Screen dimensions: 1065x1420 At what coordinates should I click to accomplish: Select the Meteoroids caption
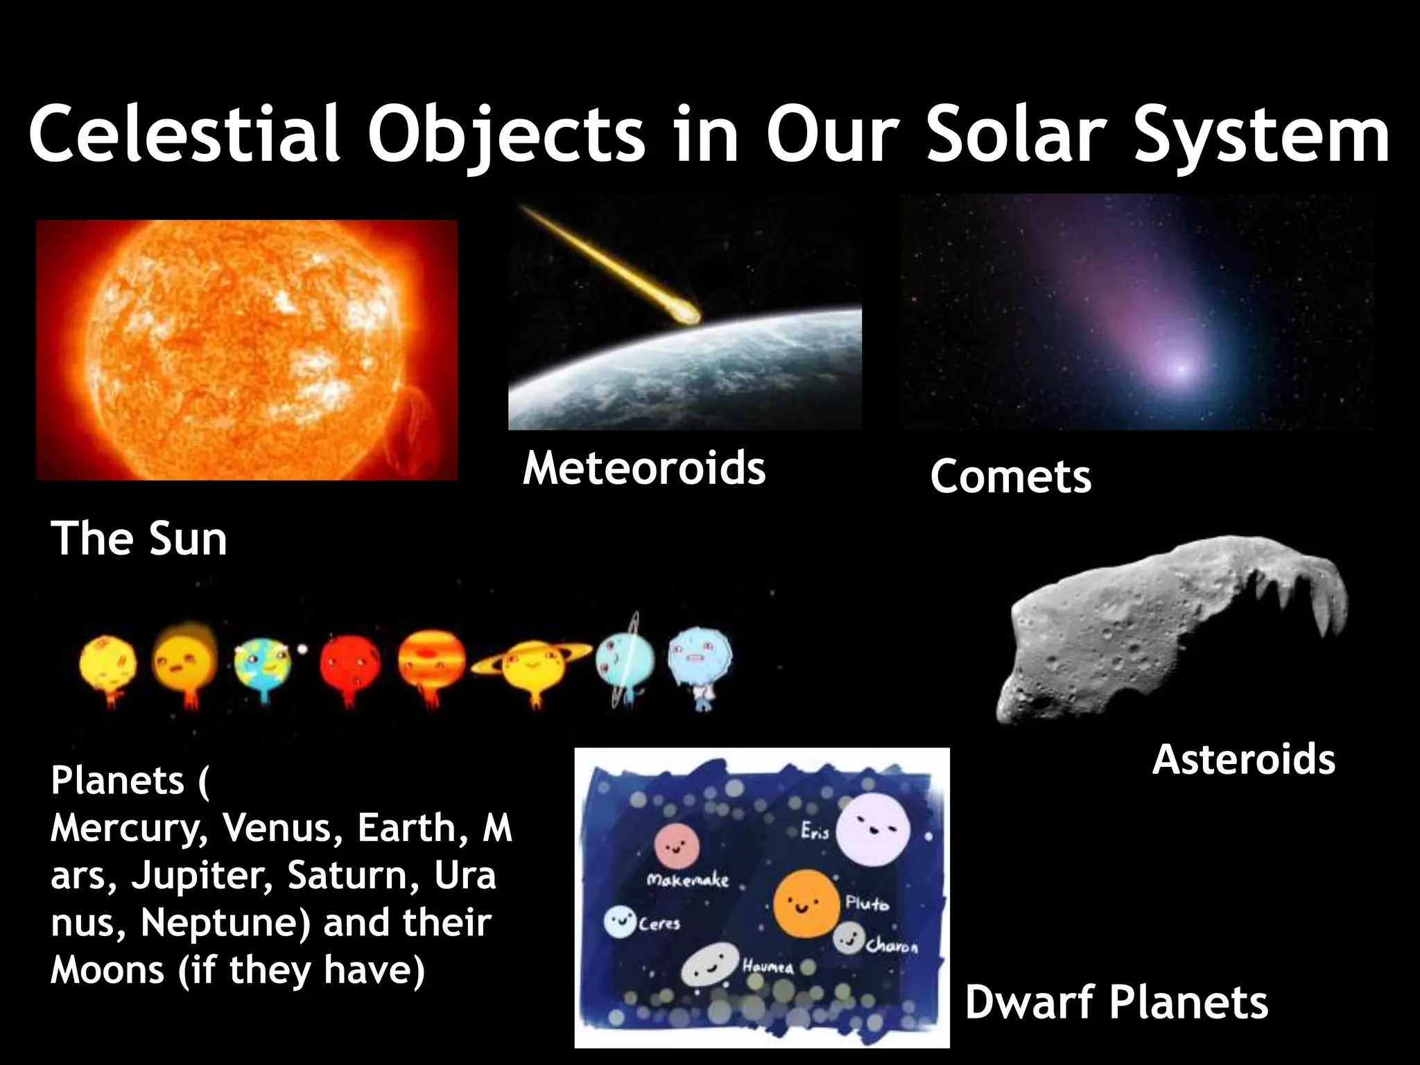point(643,467)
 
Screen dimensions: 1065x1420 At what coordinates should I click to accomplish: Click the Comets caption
point(1010,477)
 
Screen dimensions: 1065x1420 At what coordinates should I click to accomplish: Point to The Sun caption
point(139,539)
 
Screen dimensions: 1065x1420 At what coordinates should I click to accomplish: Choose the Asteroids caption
point(1243,759)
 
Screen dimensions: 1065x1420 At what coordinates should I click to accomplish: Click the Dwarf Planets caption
point(1116,1003)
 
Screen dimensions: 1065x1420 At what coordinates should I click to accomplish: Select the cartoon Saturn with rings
point(530,666)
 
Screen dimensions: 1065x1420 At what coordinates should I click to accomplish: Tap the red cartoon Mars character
point(350,662)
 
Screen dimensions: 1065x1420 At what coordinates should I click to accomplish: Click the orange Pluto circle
point(804,903)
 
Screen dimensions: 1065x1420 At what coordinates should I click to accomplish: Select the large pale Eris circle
point(872,830)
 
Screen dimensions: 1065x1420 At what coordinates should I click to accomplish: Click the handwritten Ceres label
point(659,924)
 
